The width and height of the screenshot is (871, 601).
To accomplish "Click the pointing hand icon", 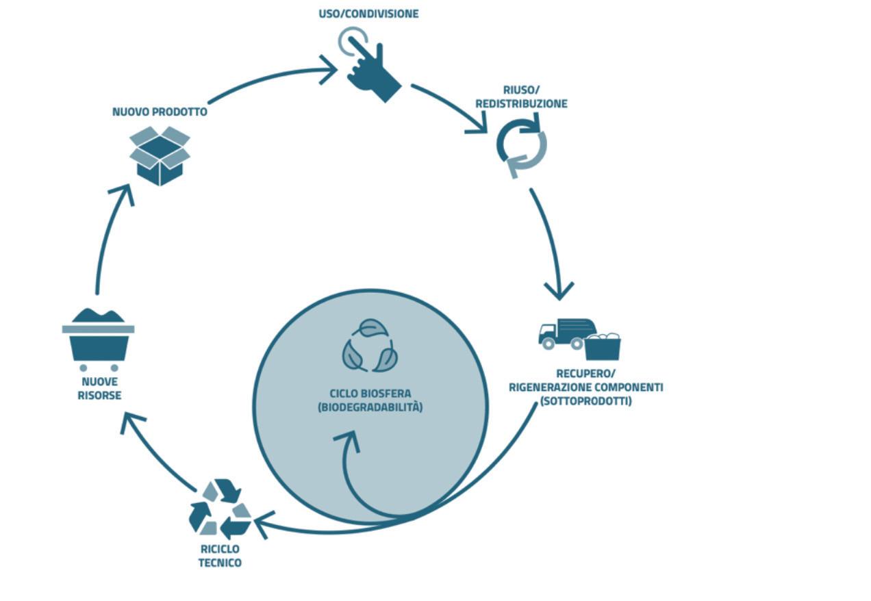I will pos(370,65).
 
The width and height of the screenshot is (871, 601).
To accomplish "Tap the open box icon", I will pos(160,156).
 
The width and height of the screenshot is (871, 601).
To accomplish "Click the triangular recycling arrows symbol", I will pos(220,508).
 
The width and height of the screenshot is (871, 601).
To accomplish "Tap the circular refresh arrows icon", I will pos(521,146).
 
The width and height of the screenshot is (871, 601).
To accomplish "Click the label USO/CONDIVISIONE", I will pos(368,14).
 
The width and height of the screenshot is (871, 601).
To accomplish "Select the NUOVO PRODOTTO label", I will pos(160,112).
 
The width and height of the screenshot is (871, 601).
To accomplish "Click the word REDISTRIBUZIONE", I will pos(521,104).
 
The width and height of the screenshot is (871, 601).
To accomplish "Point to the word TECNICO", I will pos(220,563).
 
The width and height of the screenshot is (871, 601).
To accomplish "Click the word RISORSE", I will pos(99,396).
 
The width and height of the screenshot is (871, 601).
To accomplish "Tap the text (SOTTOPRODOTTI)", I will pos(585,401).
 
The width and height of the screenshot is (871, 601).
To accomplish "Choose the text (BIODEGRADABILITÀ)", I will pos(370,407).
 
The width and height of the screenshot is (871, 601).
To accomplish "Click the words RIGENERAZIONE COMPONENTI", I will pos(585,387).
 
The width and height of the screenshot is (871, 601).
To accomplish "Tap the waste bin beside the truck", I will pos(602,347).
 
